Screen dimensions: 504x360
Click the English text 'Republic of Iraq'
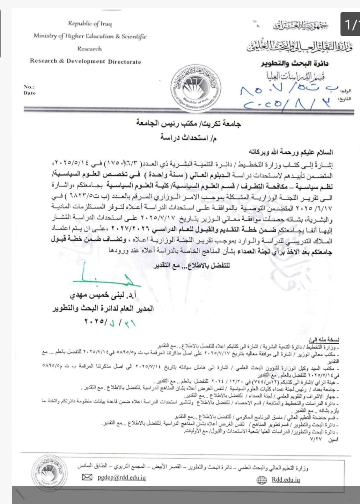[x=90, y=24]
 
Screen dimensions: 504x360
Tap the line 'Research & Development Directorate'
[x=86, y=61]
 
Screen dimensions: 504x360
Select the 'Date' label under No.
[x=30, y=93]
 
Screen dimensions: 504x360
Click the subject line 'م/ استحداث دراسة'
[x=188, y=138]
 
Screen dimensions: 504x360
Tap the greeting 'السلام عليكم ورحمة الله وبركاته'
[x=289, y=152]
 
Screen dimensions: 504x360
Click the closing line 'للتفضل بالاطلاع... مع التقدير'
[x=192, y=265]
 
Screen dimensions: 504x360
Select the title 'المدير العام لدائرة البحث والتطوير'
[x=103, y=309]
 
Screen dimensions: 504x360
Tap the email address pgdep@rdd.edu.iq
[x=122, y=477]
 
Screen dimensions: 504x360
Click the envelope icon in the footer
[x=87, y=477]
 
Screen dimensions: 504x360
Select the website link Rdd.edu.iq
[x=286, y=480]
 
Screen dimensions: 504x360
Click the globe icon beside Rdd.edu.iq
[x=262, y=480]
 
